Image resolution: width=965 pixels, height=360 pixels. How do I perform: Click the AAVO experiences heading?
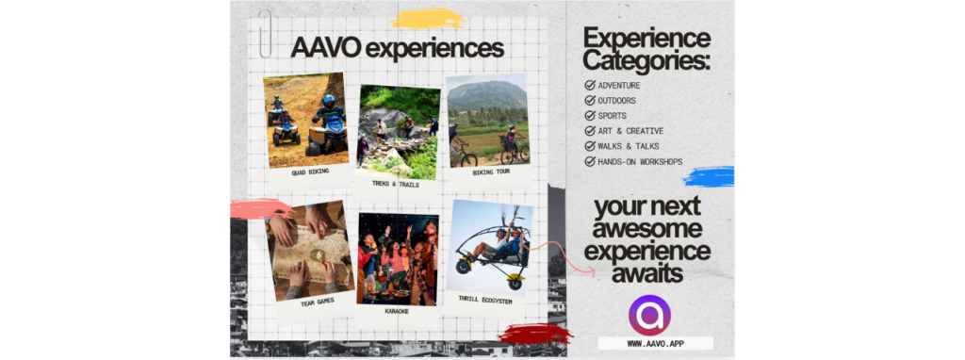[397, 49]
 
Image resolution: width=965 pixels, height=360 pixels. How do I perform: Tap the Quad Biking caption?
[310, 172]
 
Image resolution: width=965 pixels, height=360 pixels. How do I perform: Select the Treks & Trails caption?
[396, 184]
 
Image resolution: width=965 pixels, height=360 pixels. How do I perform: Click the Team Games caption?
[319, 303]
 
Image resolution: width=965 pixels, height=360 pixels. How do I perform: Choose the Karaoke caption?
[397, 311]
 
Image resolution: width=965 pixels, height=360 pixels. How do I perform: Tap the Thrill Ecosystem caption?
[485, 301]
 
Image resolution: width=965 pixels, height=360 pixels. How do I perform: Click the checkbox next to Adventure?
[590, 85]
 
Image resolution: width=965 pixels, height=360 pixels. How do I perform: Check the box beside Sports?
[590, 116]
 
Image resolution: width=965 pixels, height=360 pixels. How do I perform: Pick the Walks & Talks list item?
[622, 146]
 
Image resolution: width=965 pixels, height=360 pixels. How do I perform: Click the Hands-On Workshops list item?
[633, 162]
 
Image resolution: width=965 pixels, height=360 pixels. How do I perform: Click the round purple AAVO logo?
[648, 315]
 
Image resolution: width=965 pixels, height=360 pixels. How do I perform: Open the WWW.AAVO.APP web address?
[656, 343]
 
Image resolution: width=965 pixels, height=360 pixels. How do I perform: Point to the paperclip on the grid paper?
[265, 34]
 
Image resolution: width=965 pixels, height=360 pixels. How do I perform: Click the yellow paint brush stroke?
[428, 19]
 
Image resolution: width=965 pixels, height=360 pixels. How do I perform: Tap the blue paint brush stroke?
[709, 176]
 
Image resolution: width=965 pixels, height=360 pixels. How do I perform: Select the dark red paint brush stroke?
[534, 334]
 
